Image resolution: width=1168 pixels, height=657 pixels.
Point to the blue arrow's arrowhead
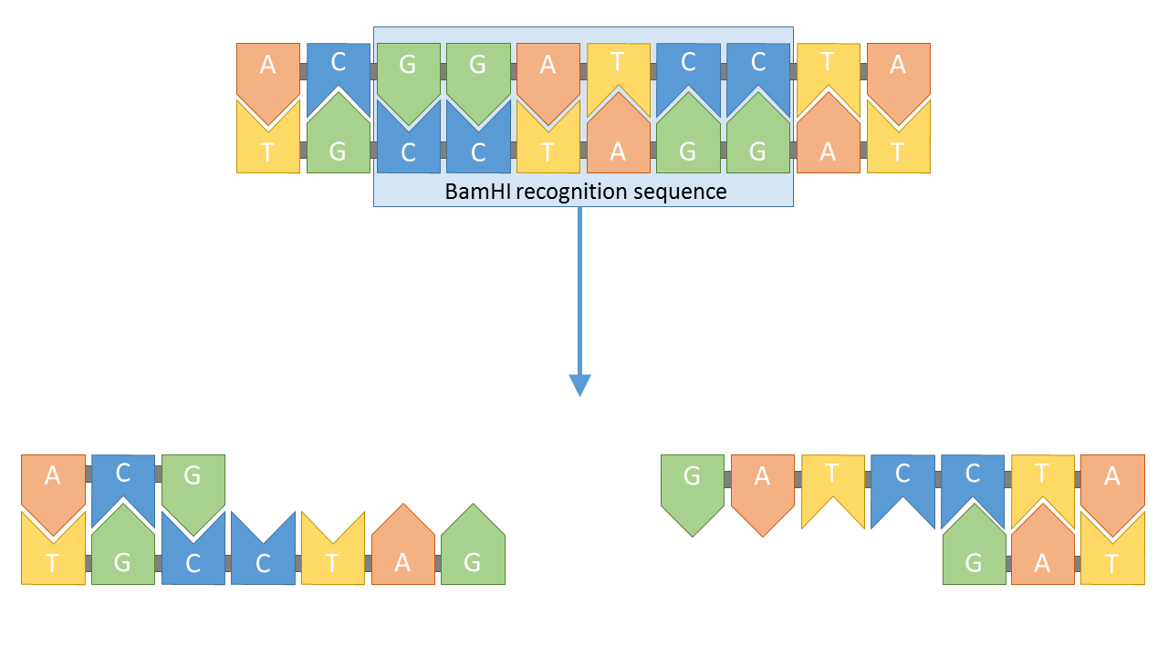[x=579, y=384]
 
